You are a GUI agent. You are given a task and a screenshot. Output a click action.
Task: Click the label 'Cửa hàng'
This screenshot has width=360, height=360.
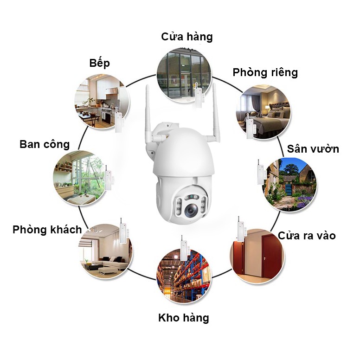coord(186,37)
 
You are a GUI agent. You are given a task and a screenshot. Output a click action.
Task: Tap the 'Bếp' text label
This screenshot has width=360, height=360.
coord(99,63)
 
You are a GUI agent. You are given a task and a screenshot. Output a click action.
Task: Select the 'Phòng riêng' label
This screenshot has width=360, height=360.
coord(265,72)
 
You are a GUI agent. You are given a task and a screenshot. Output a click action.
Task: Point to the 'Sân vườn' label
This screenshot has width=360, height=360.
coord(313,148)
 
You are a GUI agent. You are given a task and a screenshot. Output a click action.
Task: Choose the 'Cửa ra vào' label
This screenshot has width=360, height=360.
coord(307,235)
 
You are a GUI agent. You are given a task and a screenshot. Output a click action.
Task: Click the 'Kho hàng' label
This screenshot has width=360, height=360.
coord(183,318)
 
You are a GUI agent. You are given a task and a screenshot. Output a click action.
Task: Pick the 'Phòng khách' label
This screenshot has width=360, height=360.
coord(47,229)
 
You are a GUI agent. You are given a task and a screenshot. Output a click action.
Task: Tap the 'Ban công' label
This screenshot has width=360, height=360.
coord(45,144)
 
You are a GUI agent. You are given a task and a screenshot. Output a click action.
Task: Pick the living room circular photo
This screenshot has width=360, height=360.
coord(105,251)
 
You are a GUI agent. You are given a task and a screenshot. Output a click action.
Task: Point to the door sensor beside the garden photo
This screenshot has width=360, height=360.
coord(261,173)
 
